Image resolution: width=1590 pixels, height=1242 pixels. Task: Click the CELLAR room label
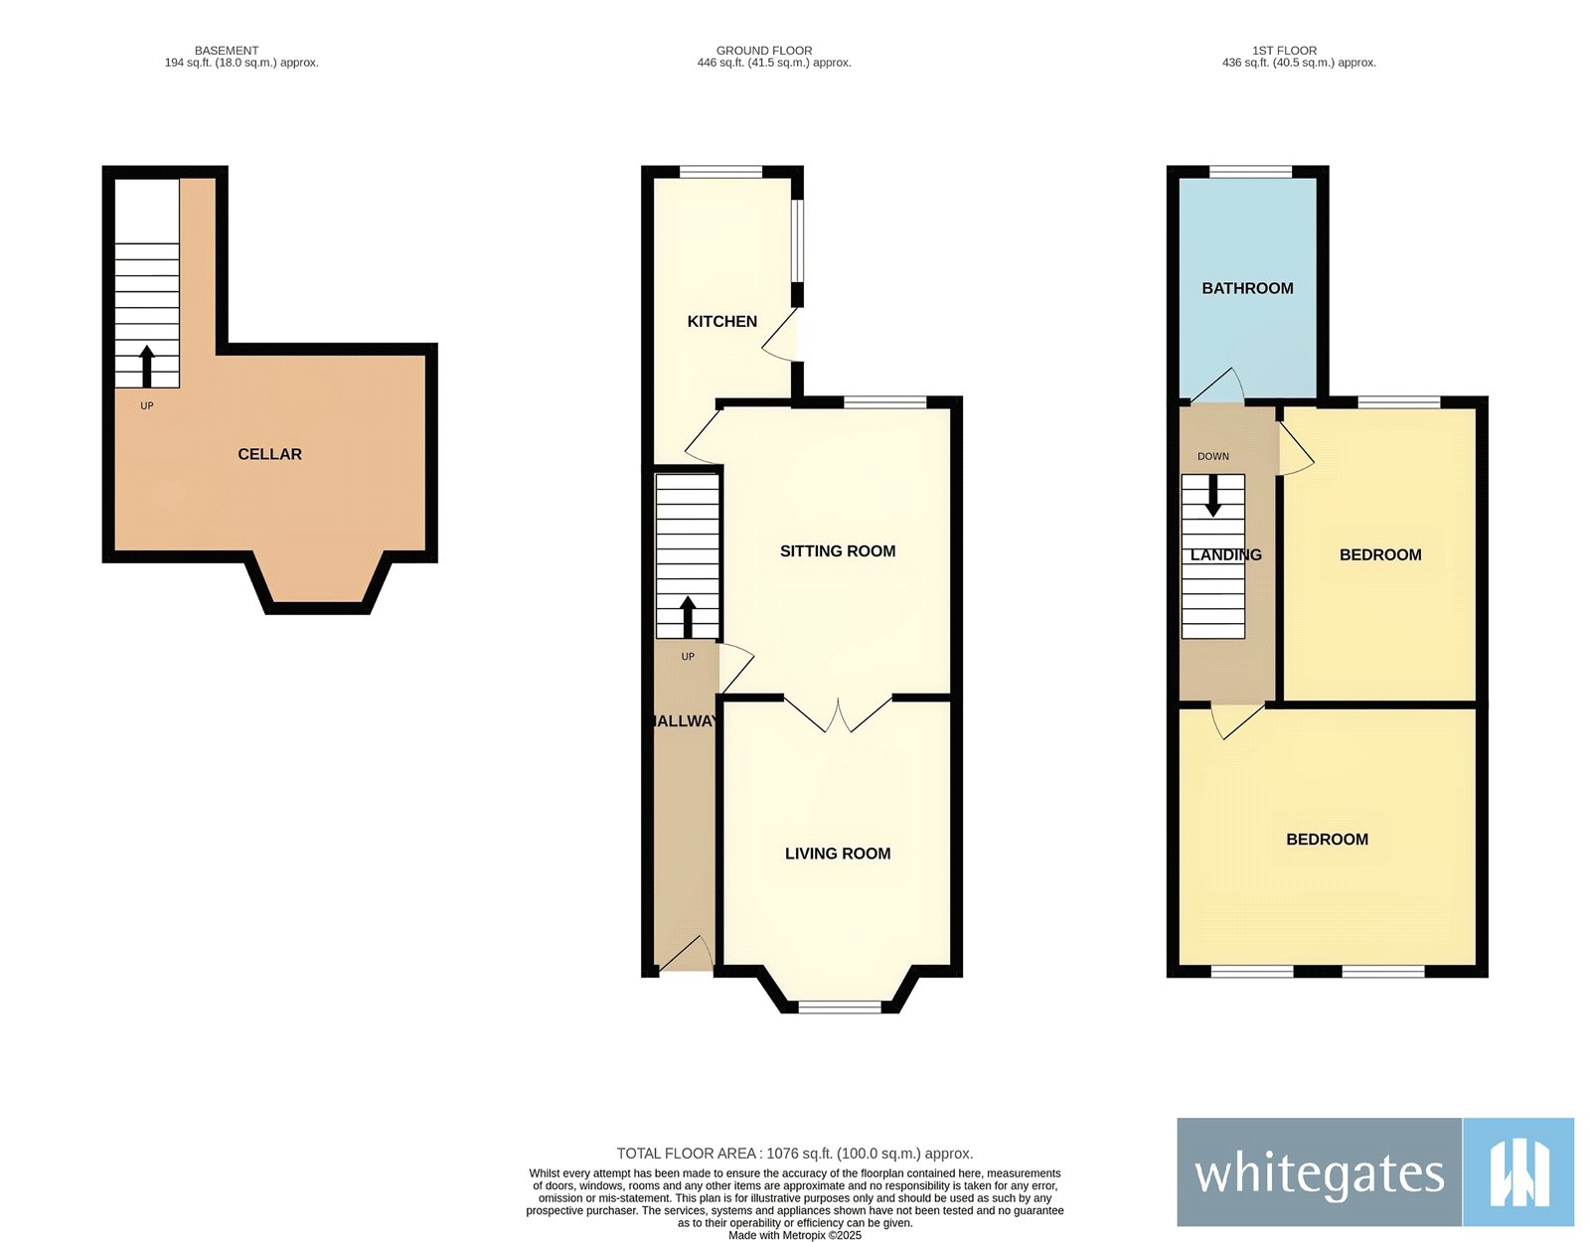pyautogui.click(x=269, y=454)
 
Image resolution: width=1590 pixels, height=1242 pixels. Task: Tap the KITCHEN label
pyautogui.click(x=721, y=321)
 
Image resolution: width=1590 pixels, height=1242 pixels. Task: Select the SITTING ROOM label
pyautogui.click(x=837, y=550)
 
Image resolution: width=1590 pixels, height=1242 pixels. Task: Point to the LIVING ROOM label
pyautogui.click(x=837, y=853)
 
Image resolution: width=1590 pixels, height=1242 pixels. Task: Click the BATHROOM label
pyautogui.click(x=1247, y=288)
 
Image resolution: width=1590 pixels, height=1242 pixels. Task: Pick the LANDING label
pyautogui.click(x=1225, y=554)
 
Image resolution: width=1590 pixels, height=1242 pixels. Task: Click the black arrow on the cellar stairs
pyautogui.click(x=147, y=366)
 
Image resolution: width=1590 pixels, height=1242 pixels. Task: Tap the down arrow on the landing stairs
pyautogui.click(x=1212, y=496)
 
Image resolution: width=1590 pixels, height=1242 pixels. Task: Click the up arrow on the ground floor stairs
pyautogui.click(x=688, y=617)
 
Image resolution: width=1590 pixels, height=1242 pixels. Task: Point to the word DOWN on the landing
pyautogui.click(x=1212, y=456)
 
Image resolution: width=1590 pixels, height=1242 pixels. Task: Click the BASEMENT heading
pyautogui.click(x=227, y=51)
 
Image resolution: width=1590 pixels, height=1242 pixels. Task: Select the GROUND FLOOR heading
pyautogui.click(x=764, y=51)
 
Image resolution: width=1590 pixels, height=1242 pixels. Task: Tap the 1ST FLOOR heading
pyautogui.click(x=1284, y=51)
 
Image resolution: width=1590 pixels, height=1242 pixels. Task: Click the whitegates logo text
pyautogui.click(x=1320, y=1174)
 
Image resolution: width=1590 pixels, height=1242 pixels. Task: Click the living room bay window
pyautogui.click(x=840, y=1008)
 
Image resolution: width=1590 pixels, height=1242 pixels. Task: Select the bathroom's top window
pyautogui.click(x=1250, y=172)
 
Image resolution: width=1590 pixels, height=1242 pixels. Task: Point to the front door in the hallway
pyautogui.click(x=687, y=953)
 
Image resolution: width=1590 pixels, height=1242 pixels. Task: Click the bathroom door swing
pyautogui.click(x=1216, y=385)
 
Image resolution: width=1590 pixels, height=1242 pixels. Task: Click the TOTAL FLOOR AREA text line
pyautogui.click(x=795, y=1154)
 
